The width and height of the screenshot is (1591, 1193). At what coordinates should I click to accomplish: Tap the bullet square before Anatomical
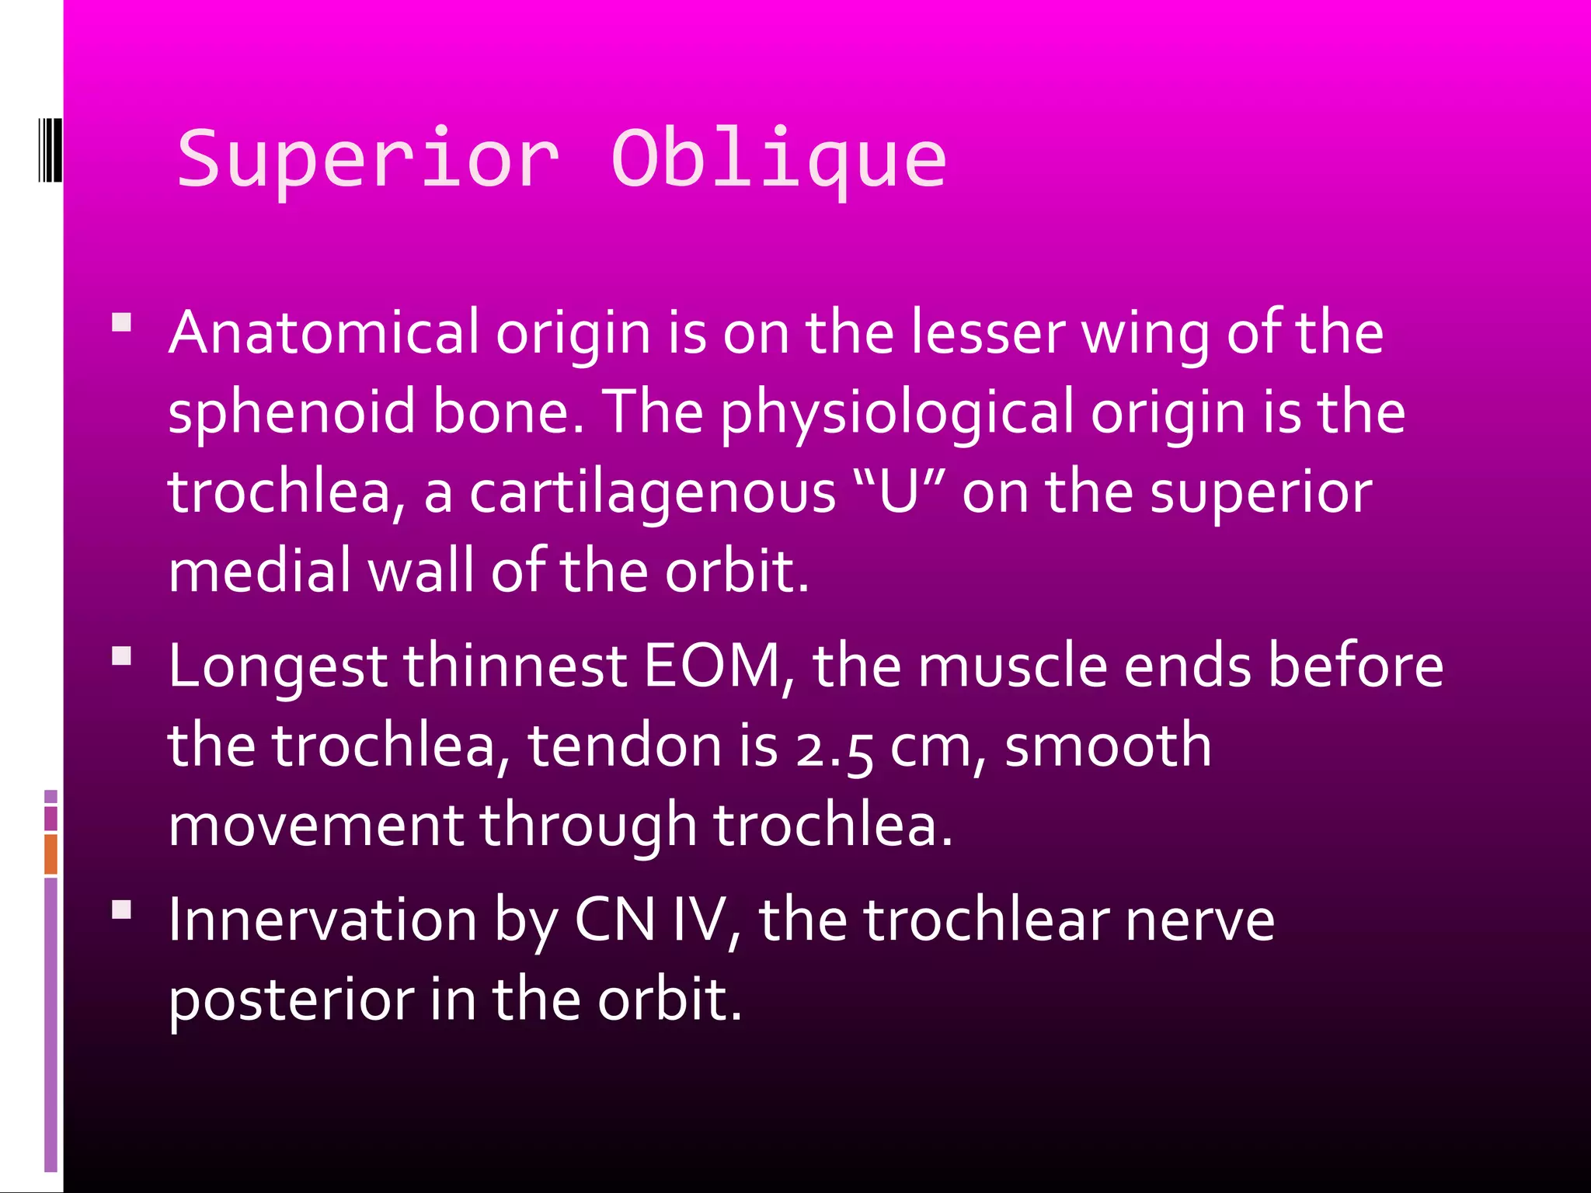[x=121, y=322]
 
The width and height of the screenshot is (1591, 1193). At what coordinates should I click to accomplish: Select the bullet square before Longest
[x=121, y=656]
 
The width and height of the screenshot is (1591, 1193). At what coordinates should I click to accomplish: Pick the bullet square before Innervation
[x=121, y=910]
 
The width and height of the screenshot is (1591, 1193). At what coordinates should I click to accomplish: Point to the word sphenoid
[x=291, y=412]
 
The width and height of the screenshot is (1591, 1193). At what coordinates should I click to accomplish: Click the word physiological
[x=896, y=412]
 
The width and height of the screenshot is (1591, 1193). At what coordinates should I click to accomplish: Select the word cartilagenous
[x=653, y=492]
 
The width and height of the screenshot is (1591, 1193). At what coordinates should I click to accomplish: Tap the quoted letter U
[x=900, y=492]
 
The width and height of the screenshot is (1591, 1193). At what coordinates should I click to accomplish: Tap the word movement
[x=315, y=825]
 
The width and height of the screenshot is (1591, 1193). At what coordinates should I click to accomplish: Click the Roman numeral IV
[x=698, y=920]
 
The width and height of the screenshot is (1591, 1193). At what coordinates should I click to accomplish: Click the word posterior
[x=291, y=1000]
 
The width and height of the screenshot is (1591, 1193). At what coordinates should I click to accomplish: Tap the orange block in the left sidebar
[x=50, y=854]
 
